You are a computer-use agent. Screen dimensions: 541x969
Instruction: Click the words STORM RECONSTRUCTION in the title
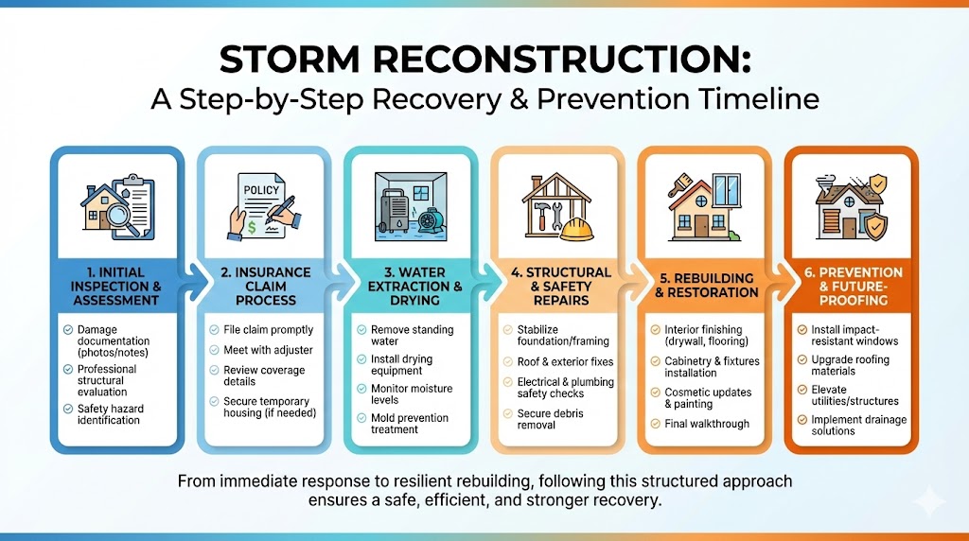point(484,61)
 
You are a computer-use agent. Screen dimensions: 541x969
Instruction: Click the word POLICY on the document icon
point(261,189)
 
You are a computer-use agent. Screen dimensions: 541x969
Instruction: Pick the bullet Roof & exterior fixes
point(565,361)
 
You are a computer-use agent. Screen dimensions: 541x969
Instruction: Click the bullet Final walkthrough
point(707,424)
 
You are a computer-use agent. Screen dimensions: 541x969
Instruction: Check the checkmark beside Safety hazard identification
point(68,409)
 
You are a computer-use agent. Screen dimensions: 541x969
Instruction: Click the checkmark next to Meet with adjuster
point(215,350)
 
